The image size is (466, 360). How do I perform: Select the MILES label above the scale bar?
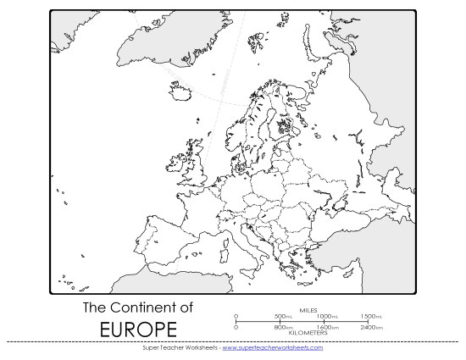point(308,310)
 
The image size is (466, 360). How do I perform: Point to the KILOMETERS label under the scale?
point(308,332)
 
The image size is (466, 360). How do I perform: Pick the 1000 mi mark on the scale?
point(329,316)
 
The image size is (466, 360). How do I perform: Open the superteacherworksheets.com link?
point(272,347)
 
